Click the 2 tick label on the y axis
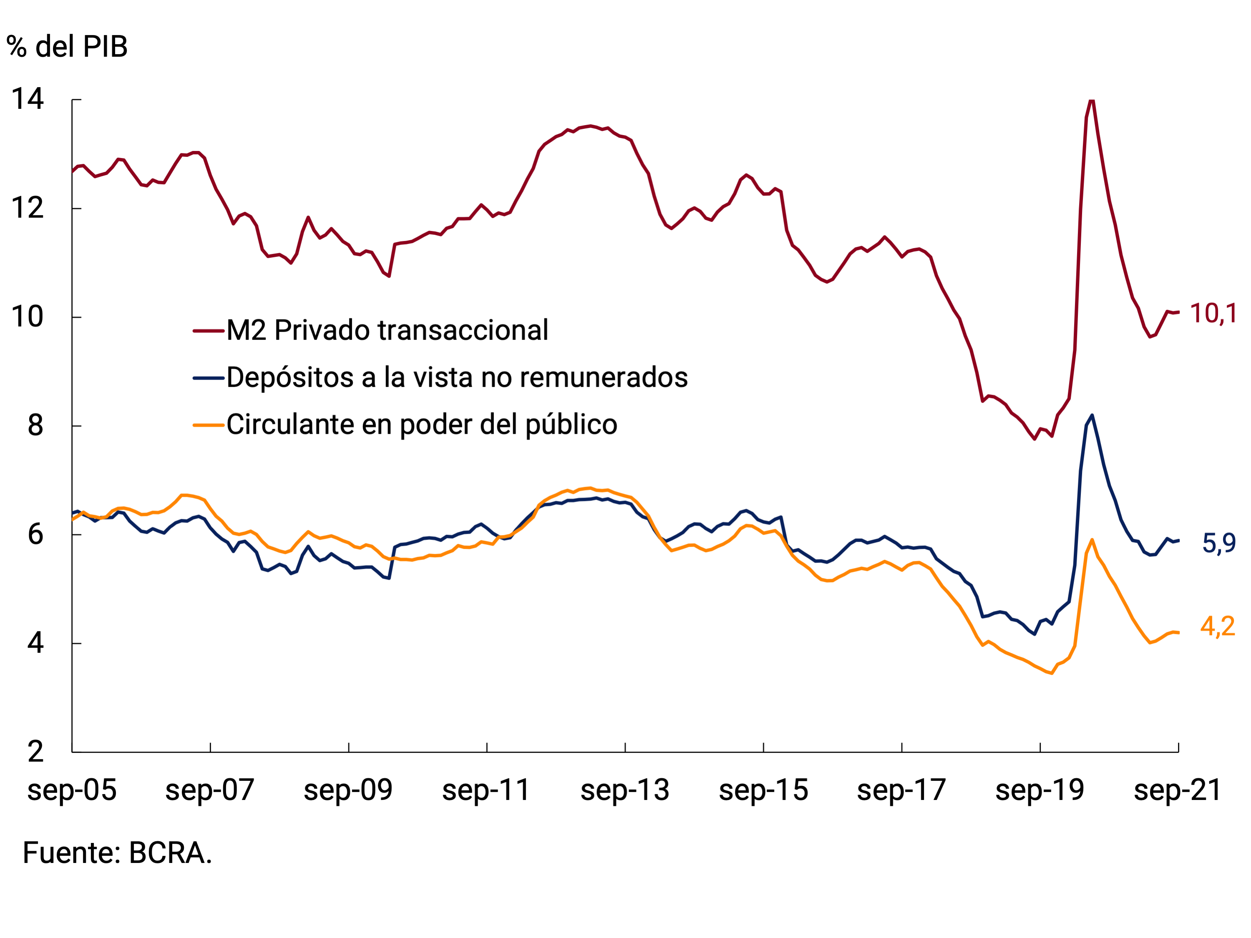click(35, 752)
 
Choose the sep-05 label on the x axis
click(72, 790)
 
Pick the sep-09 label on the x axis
click(348, 790)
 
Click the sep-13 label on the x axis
click(624, 790)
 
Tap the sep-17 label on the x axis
click(901, 790)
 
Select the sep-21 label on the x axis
click(1178, 790)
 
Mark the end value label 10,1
click(1213, 313)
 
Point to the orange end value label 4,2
click(1218, 626)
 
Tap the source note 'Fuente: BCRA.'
click(117, 852)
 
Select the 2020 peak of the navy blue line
click(1092, 415)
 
